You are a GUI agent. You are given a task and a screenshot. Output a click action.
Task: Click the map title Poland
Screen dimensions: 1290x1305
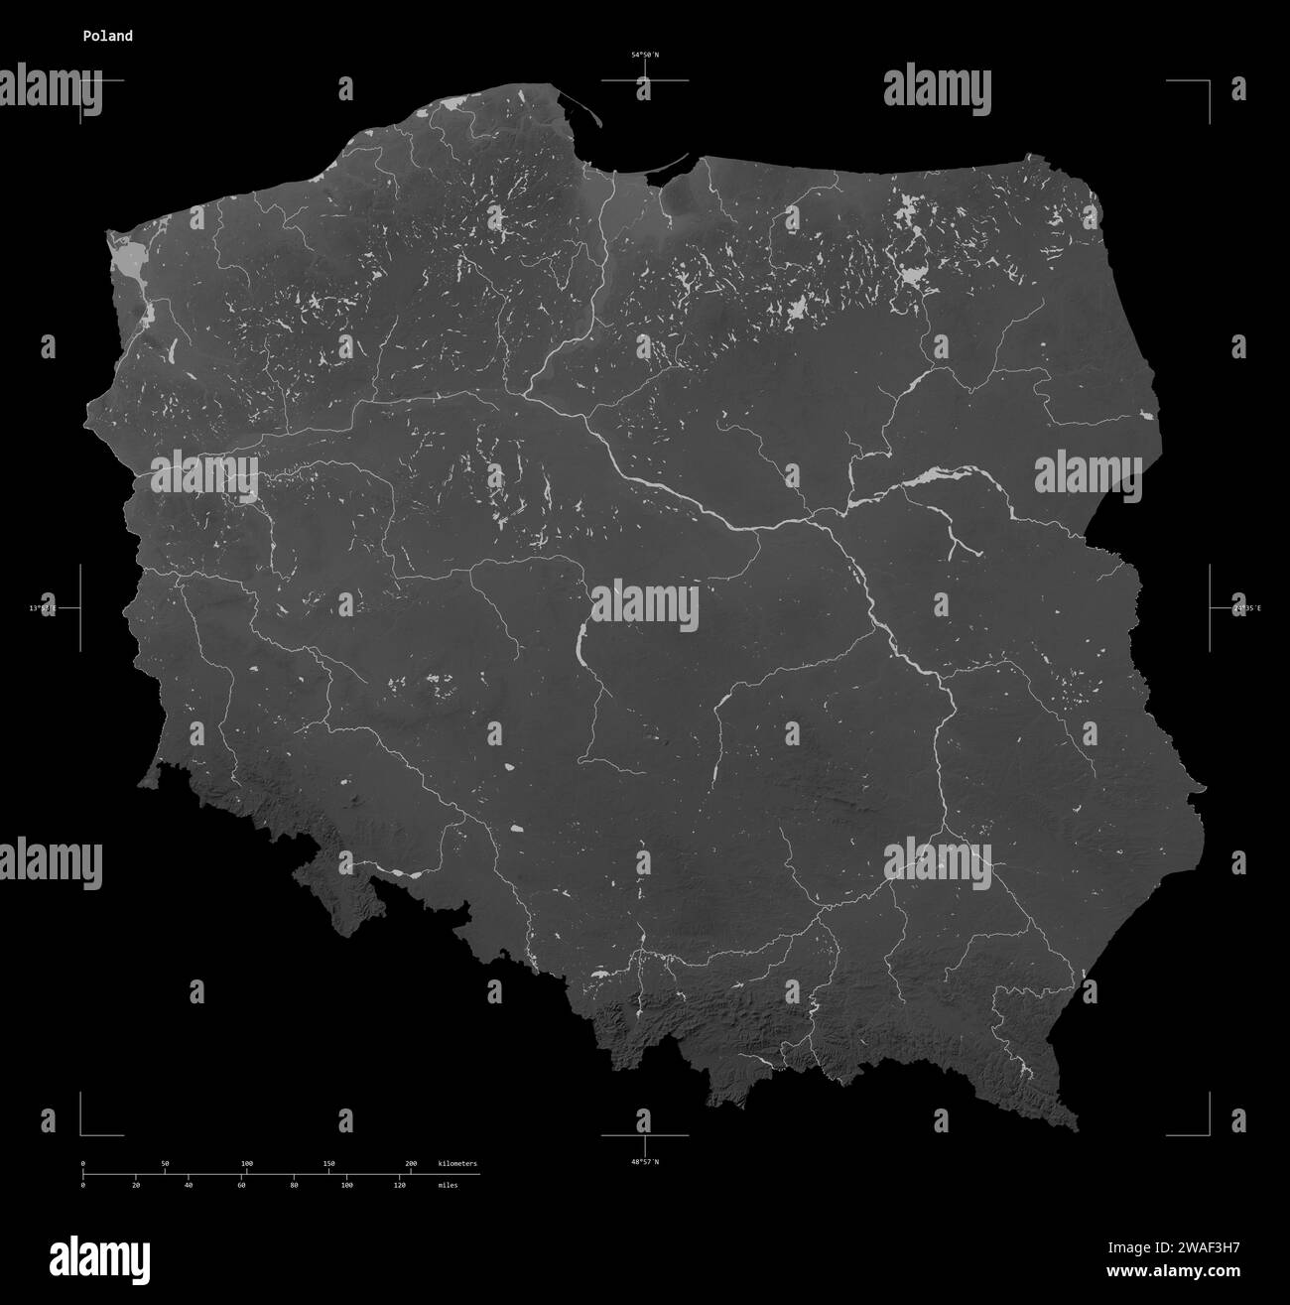point(108,36)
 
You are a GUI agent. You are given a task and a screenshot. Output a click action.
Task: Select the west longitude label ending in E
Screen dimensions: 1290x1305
point(43,607)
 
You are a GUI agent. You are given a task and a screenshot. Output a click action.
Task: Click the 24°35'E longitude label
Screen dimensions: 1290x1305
point(1246,607)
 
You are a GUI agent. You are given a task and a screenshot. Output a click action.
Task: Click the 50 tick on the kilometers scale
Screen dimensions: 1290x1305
point(165,1163)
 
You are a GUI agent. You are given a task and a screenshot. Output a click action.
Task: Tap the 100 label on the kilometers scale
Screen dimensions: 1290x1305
point(247,1163)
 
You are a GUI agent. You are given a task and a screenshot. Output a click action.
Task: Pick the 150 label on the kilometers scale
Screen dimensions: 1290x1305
point(328,1163)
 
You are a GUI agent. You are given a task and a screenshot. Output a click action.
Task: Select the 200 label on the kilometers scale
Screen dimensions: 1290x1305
point(411,1163)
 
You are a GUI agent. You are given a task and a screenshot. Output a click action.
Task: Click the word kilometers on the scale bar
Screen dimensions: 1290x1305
point(456,1163)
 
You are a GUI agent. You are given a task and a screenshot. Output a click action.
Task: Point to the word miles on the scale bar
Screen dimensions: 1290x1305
point(448,1185)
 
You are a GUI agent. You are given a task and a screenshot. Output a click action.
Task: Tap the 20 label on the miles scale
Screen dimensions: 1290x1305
point(136,1185)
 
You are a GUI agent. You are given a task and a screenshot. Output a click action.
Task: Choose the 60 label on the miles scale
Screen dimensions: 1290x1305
point(241,1185)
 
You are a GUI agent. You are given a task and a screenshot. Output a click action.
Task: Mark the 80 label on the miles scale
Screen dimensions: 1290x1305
point(294,1185)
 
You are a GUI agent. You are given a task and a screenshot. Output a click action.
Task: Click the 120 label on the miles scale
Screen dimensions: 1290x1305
point(399,1185)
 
